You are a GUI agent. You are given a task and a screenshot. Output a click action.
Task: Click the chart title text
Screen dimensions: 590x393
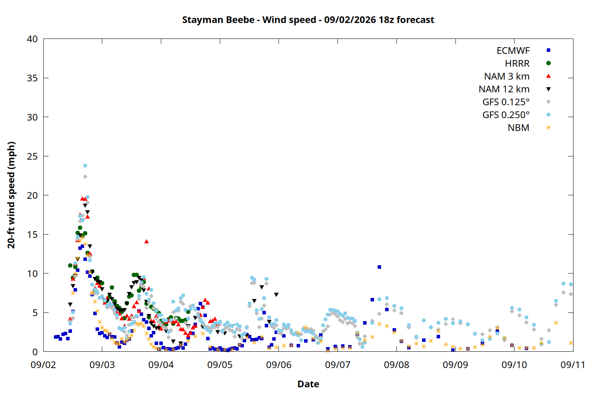(x=308, y=20)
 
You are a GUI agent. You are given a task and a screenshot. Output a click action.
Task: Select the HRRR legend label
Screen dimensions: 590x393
(x=517, y=63)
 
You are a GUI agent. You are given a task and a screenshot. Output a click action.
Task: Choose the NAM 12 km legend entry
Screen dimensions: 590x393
(x=514, y=89)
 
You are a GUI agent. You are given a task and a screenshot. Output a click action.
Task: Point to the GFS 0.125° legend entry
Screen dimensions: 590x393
(x=516, y=102)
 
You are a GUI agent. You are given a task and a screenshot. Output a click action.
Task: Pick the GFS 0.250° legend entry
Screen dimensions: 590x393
(x=516, y=115)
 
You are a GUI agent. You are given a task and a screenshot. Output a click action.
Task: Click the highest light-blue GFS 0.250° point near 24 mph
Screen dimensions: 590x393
(x=85, y=166)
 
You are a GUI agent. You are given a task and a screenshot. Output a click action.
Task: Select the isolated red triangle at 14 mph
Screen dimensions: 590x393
(x=146, y=241)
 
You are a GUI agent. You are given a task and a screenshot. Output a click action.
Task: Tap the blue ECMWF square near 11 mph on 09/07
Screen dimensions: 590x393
(x=379, y=267)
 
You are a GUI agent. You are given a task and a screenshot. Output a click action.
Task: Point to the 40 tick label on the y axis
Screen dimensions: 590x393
(x=32, y=39)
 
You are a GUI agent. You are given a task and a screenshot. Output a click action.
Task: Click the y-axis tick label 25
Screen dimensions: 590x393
(x=32, y=156)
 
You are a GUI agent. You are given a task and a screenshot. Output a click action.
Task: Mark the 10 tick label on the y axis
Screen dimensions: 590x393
(x=32, y=274)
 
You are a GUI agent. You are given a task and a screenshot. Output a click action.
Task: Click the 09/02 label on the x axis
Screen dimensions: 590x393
(x=43, y=365)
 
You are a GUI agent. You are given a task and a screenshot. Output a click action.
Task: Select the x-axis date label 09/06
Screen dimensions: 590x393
(x=278, y=365)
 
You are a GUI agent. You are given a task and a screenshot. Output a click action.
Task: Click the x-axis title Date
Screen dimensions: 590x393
(x=308, y=384)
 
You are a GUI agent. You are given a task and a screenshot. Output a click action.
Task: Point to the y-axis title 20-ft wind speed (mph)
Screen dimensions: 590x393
(x=11, y=195)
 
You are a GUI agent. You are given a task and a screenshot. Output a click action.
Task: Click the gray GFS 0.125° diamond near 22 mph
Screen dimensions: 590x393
(x=85, y=176)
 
